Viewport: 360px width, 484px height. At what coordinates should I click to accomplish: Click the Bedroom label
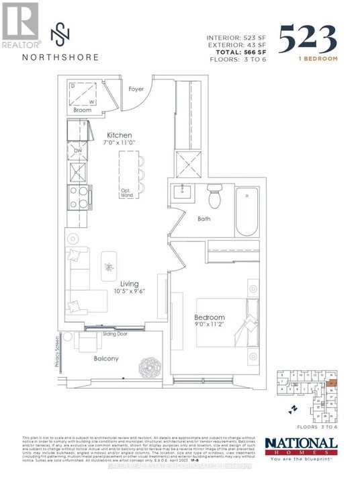210,317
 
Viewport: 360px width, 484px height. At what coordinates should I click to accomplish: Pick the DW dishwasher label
78,151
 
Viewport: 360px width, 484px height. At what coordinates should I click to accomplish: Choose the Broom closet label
83,109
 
